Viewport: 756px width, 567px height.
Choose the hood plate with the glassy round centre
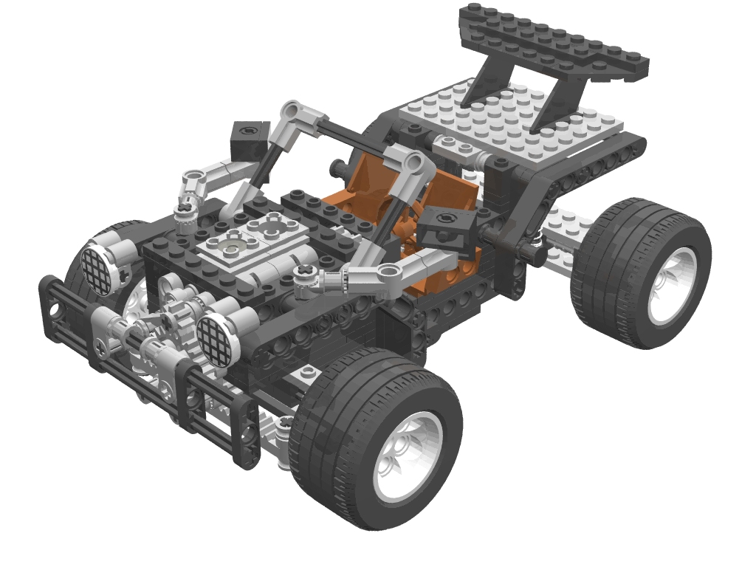(x=235, y=244)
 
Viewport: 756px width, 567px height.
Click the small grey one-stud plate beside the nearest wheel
(x=309, y=373)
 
